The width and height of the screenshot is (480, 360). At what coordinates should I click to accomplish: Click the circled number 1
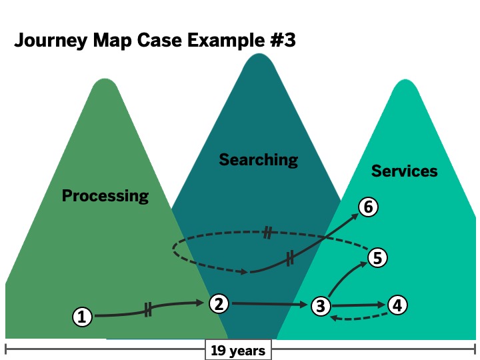point(82,317)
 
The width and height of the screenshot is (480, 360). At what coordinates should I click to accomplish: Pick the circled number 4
point(397,305)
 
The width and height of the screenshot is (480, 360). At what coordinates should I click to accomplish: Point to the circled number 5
point(377,258)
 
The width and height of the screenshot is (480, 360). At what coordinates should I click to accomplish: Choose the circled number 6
point(368,207)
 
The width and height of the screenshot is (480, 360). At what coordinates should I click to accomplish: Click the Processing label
point(105,195)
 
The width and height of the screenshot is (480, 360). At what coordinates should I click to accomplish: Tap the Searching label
point(258,159)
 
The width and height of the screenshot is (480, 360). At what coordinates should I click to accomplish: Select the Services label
point(404,171)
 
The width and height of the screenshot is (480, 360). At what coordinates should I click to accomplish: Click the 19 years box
point(238,350)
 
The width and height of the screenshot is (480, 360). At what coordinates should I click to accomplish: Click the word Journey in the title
point(49,41)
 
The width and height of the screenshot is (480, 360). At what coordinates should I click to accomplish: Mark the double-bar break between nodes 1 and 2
point(147,309)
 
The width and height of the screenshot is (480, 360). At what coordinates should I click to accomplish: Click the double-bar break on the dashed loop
point(267,233)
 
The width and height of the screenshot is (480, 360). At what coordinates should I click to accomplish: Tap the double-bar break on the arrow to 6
point(290,259)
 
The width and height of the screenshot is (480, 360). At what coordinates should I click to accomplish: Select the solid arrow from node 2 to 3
point(269,305)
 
